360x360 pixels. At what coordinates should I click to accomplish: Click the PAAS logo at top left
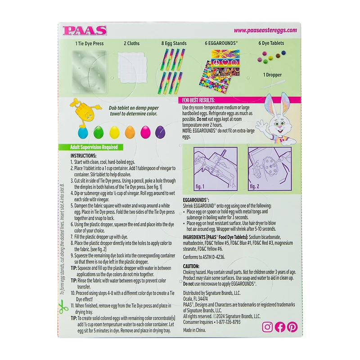pyautogui.click(x=85, y=31)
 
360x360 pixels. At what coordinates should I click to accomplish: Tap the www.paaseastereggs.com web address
pyautogui.click(x=265, y=31)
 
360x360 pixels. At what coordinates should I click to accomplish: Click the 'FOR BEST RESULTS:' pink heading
pyautogui.click(x=198, y=100)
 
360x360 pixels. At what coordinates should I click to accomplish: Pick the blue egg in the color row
pyautogui.click(x=83, y=132)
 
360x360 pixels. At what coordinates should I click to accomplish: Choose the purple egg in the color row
pyautogui.click(x=160, y=132)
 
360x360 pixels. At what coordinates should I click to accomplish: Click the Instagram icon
pyautogui.click(x=267, y=327)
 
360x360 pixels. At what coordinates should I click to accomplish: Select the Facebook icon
pyautogui.click(x=280, y=327)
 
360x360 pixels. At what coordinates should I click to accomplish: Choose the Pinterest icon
pyautogui.click(x=292, y=327)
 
